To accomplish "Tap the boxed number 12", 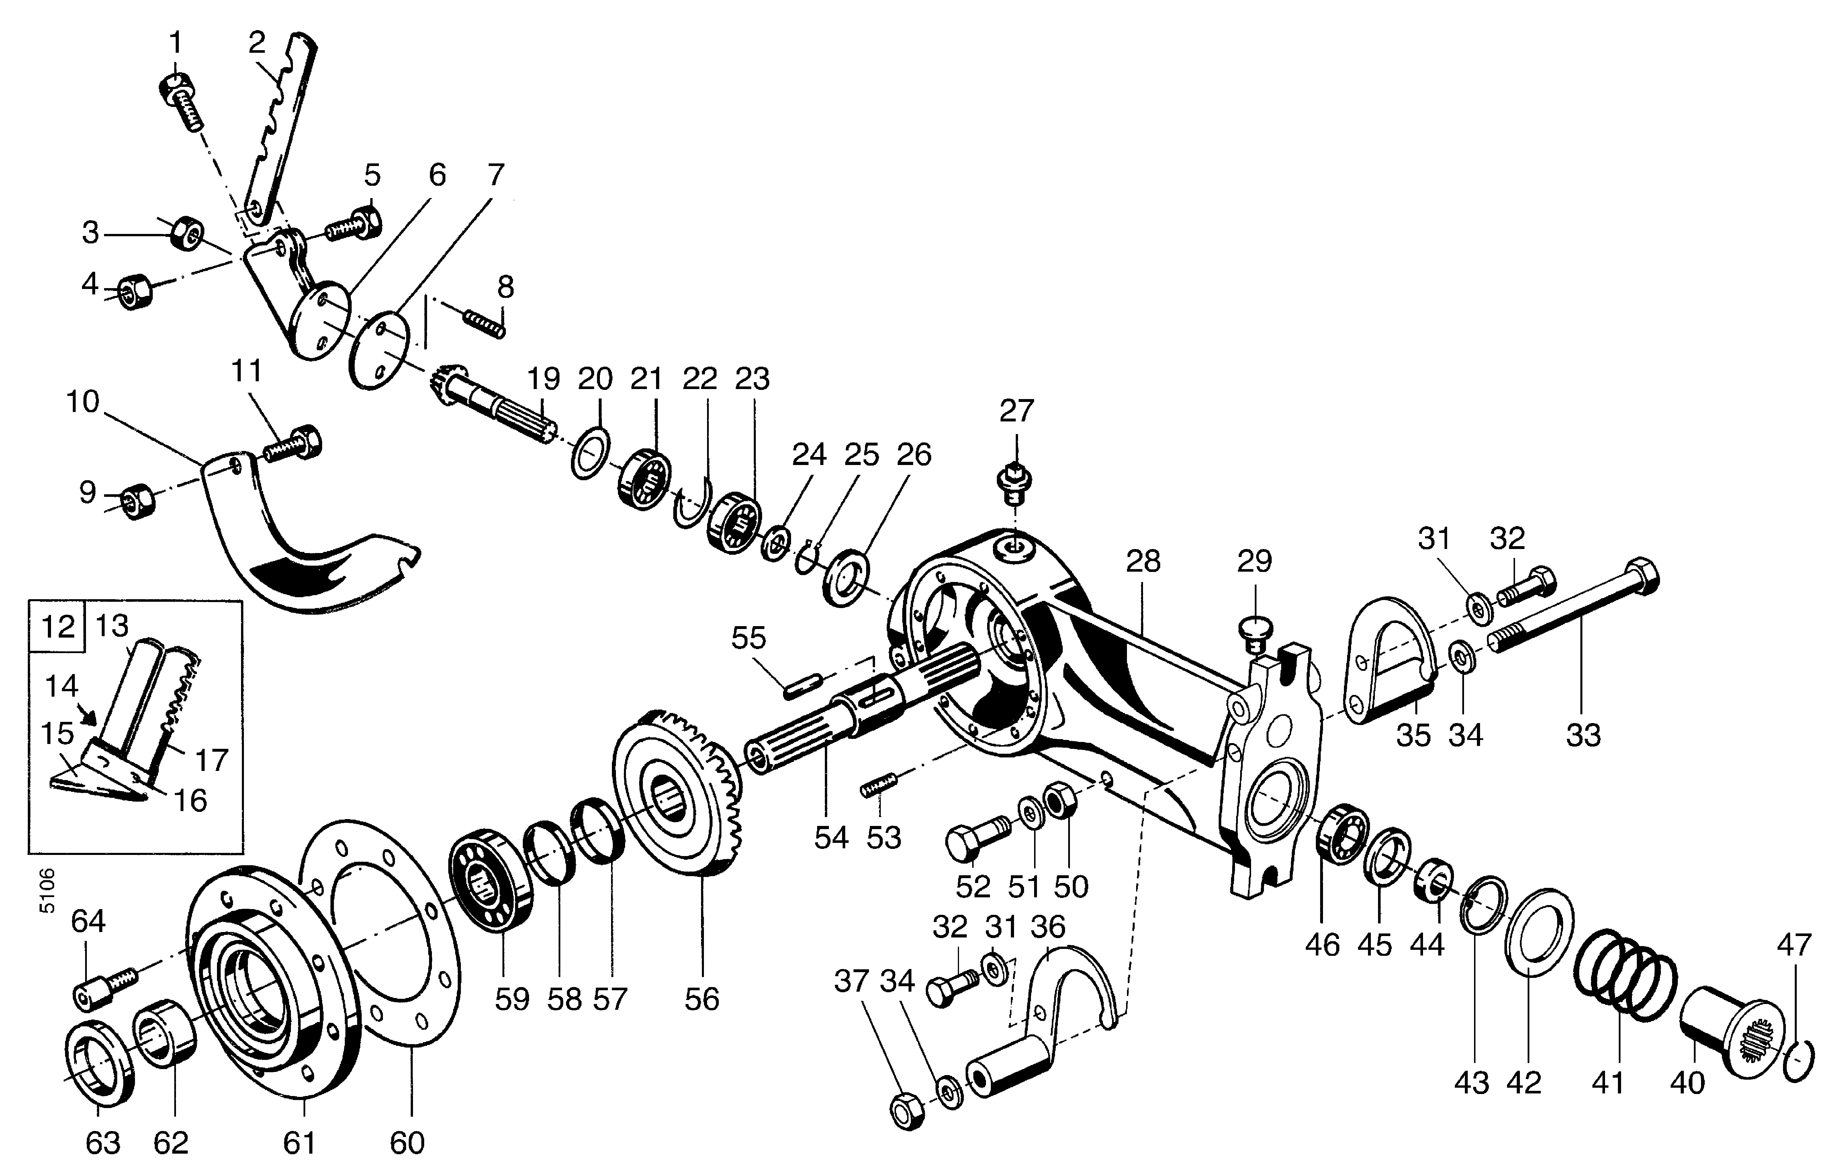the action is (57, 626).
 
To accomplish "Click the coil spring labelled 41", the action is (1624, 975).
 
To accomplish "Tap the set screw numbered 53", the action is (880, 787).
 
